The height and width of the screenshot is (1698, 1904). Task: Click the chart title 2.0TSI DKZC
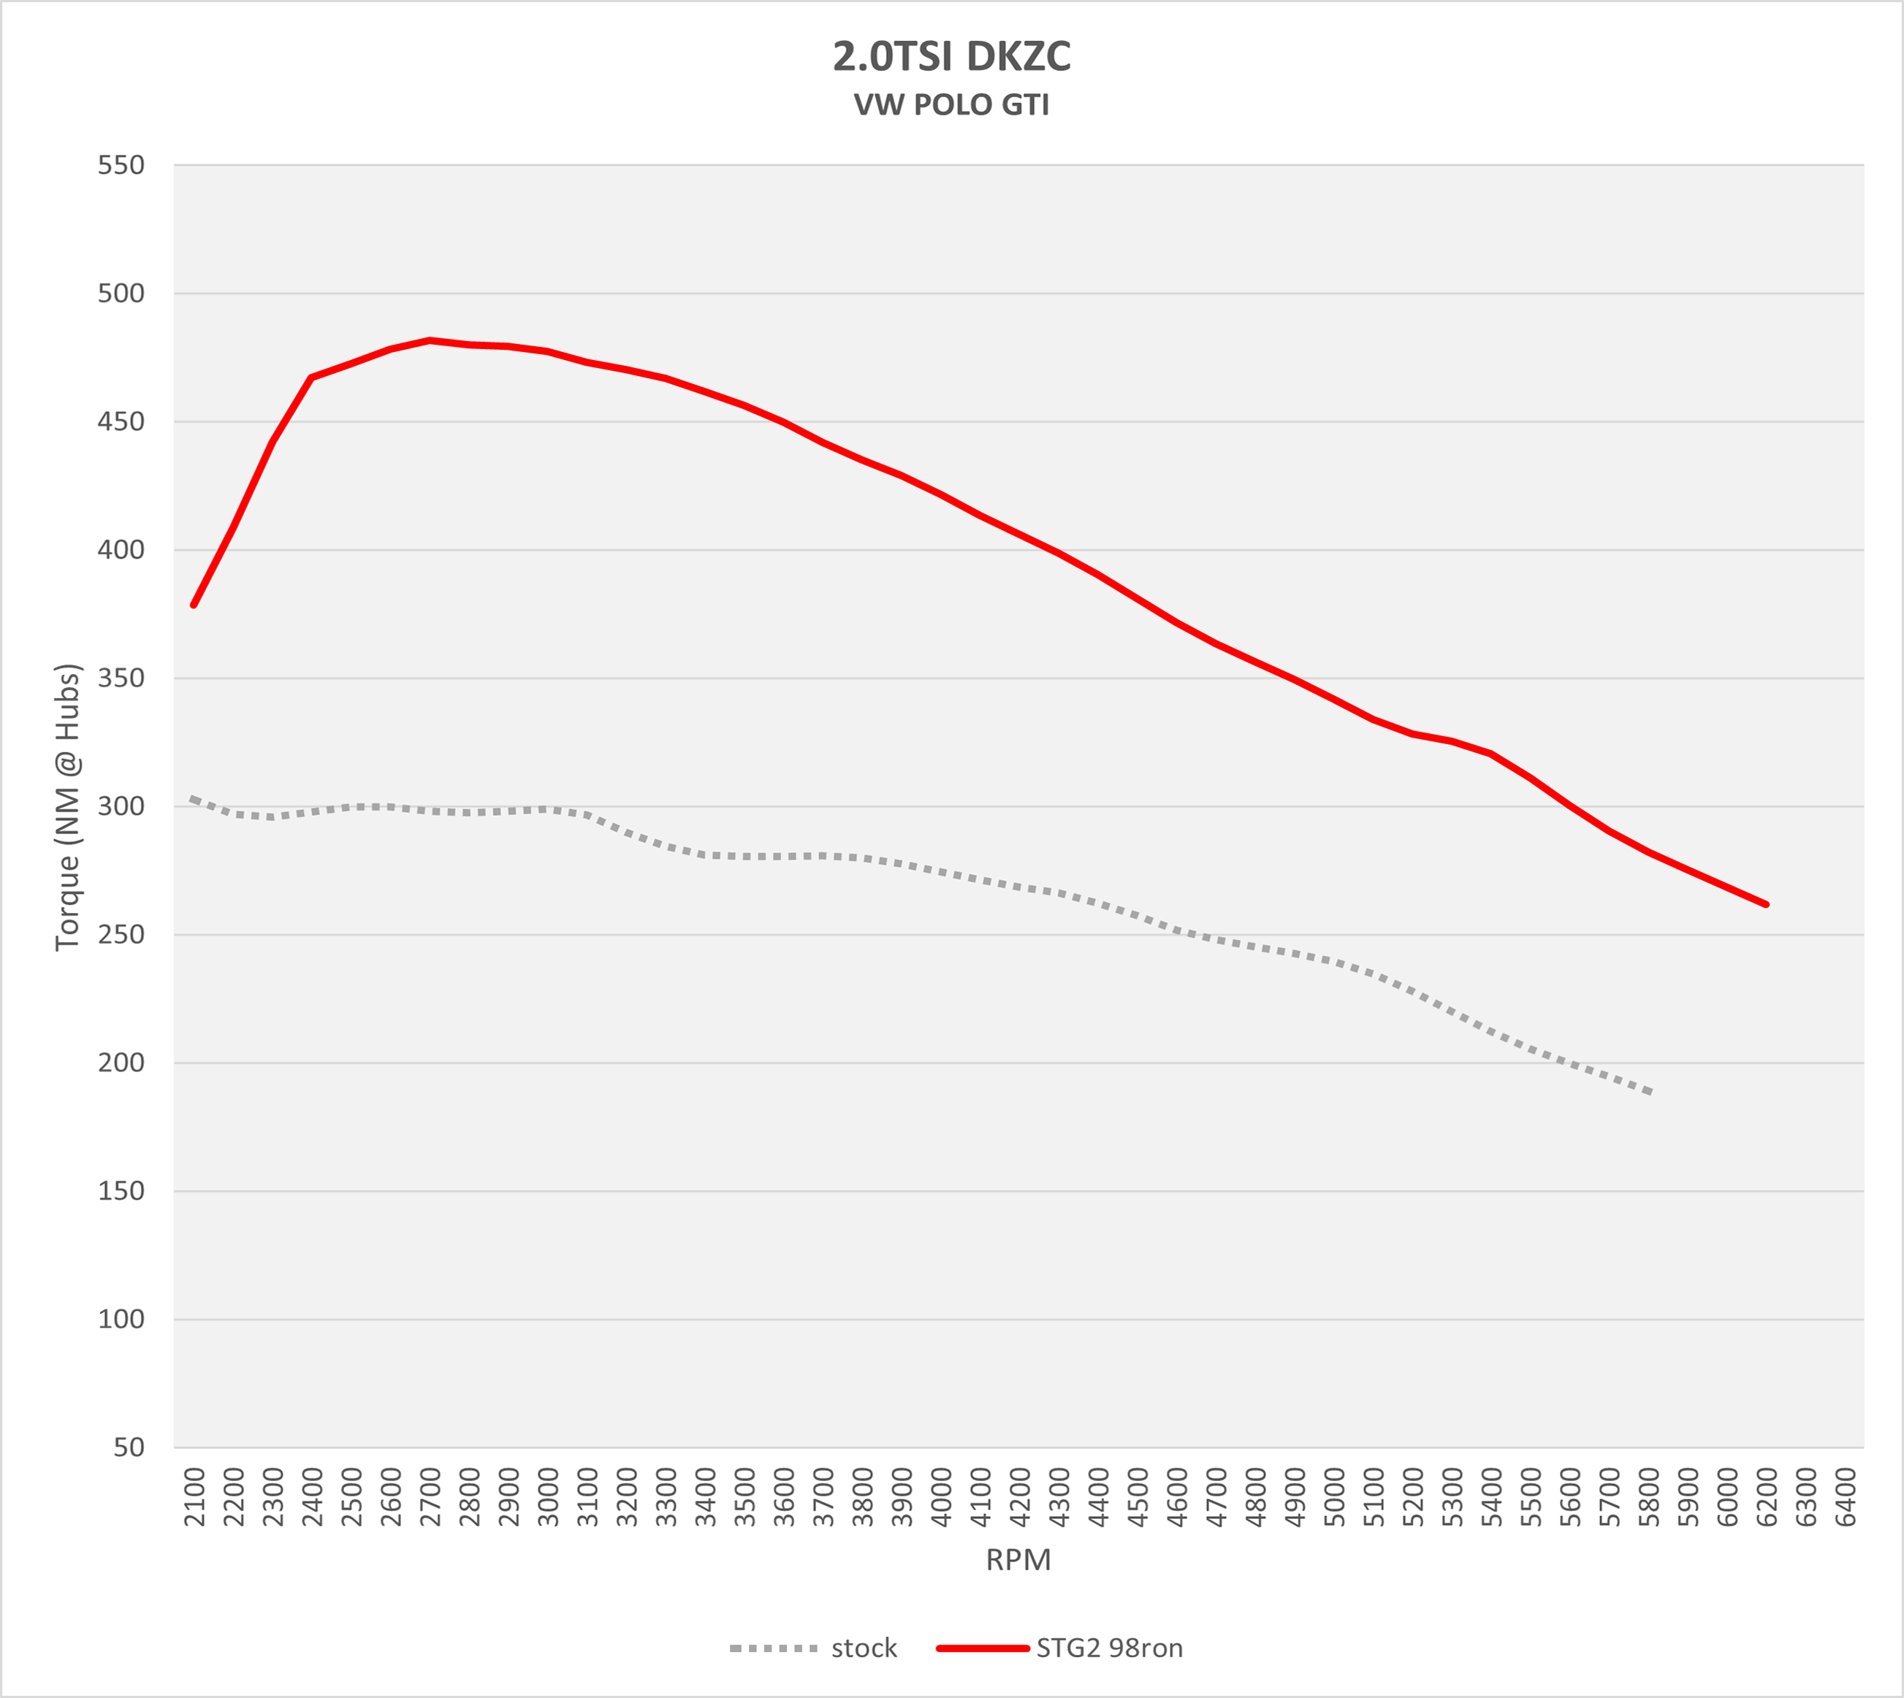951,57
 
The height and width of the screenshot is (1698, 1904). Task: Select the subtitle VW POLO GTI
951,104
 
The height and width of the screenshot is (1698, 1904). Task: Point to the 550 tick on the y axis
121,165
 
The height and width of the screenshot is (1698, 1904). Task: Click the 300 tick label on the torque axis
121,806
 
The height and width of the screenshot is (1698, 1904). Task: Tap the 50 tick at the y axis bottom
129,1447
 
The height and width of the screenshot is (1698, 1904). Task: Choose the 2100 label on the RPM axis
194,1496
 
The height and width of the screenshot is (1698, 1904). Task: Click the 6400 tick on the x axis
1846,1496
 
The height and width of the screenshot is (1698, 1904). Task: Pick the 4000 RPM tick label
941,1496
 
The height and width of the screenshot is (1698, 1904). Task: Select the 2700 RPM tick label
430,1496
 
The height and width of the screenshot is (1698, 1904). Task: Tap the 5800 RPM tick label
1649,1496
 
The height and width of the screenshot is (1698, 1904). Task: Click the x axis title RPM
1018,1560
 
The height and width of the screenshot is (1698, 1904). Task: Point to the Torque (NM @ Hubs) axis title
67,806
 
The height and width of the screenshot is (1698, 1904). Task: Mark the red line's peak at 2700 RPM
430,340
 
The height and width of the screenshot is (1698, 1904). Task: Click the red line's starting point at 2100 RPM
193,605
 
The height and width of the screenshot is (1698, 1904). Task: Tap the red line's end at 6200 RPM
1767,905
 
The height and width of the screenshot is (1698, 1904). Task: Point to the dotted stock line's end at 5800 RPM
1650,1093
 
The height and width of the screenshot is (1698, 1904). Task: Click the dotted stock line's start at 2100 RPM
191,799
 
